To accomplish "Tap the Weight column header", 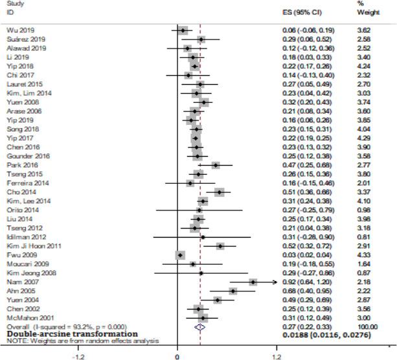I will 365,12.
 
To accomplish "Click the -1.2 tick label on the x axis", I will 78,355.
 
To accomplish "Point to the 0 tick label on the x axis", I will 177,355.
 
